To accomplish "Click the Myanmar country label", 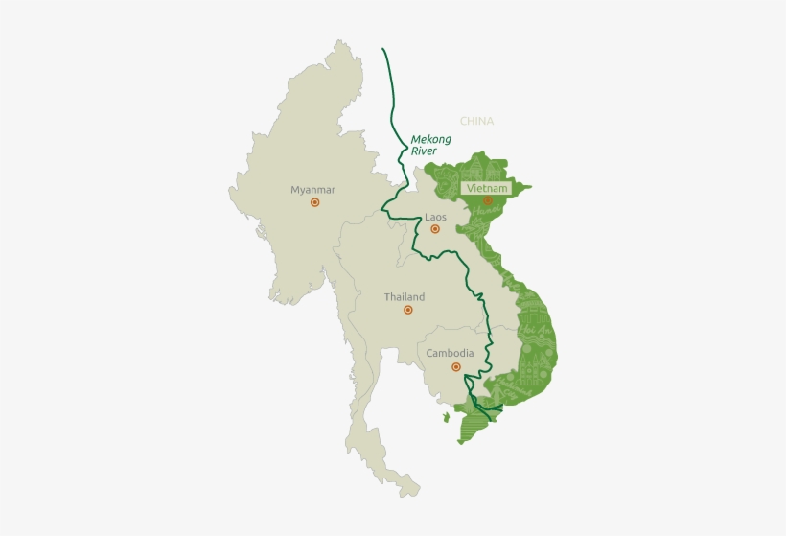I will pyautogui.click(x=313, y=190).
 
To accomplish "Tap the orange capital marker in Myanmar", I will pyautogui.click(x=314, y=203).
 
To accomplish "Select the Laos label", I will pyautogui.click(x=435, y=217).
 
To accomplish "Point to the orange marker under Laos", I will pyautogui.click(x=435, y=229).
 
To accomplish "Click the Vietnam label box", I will pyautogui.click(x=485, y=188).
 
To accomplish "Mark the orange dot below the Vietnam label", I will pyautogui.click(x=487, y=201).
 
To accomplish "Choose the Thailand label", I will pyautogui.click(x=405, y=297).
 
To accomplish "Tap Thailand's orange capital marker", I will pyautogui.click(x=407, y=311).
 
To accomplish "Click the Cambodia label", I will pyautogui.click(x=450, y=353).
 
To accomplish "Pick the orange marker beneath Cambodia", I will pyautogui.click(x=455, y=367).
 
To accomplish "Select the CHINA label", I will pyautogui.click(x=476, y=122).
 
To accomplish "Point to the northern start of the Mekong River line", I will pyautogui.click(x=383, y=49).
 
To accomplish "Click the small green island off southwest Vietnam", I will pyautogui.click(x=446, y=417).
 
